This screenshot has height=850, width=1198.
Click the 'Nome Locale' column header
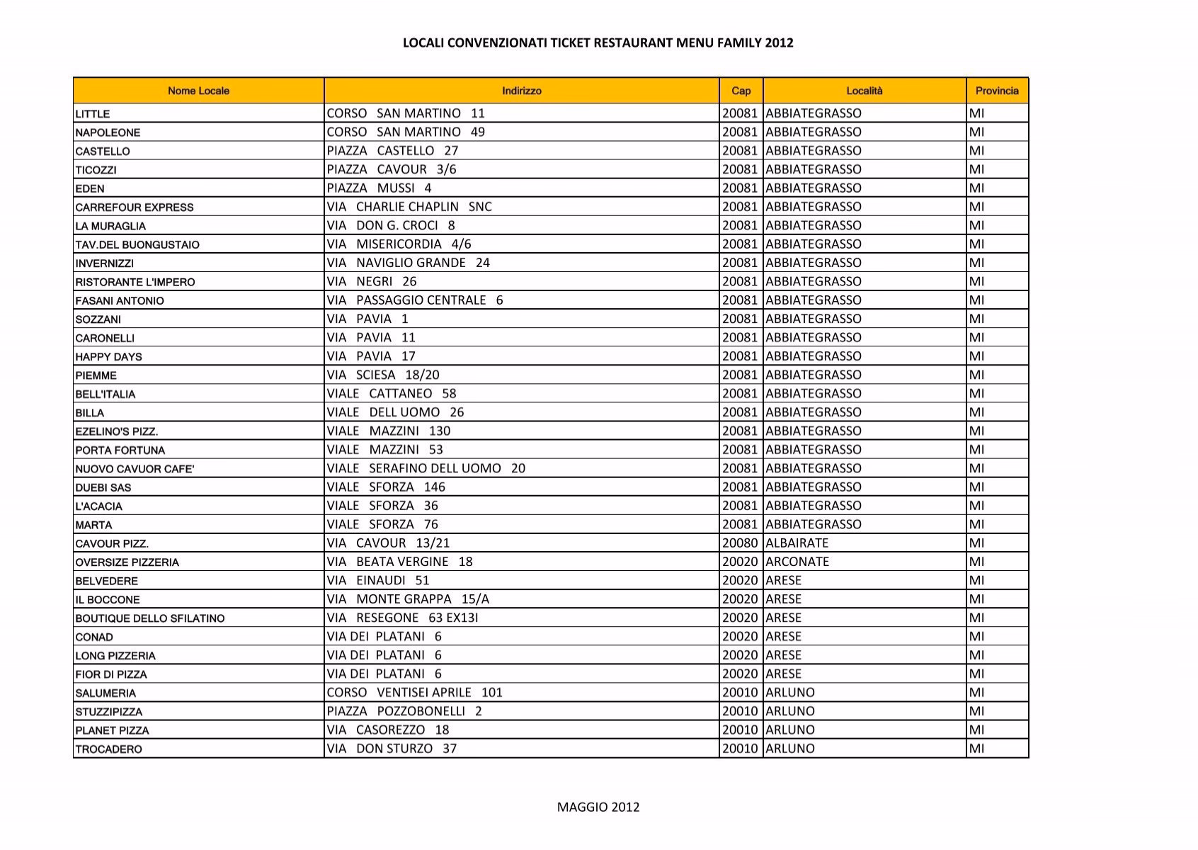tap(198, 91)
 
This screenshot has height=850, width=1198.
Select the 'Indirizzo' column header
tap(521, 91)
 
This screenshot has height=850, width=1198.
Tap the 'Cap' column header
tap(741, 91)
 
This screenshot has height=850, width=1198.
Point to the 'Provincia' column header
tap(997, 91)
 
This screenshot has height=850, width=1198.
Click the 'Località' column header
tap(865, 91)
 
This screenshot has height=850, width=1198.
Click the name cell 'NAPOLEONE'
tap(108, 132)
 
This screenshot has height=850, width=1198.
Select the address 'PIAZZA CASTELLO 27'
tap(392, 151)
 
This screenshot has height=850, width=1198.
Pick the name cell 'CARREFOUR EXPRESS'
tap(135, 208)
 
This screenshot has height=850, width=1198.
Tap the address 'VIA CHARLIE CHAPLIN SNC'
tap(409, 207)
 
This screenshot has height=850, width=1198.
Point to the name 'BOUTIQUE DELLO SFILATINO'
tap(150, 618)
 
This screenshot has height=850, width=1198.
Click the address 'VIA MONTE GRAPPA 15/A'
tap(408, 599)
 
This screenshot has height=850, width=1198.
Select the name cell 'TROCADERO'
tap(108, 749)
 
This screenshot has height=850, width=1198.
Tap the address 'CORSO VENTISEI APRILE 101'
tap(414, 693)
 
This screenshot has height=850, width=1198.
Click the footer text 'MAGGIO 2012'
tap(598, 807)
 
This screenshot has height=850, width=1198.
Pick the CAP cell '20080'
tap(740, 543)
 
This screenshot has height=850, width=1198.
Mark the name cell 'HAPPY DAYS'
tap(108, 357)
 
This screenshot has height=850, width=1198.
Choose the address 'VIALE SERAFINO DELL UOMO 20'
tap(426, 468)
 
